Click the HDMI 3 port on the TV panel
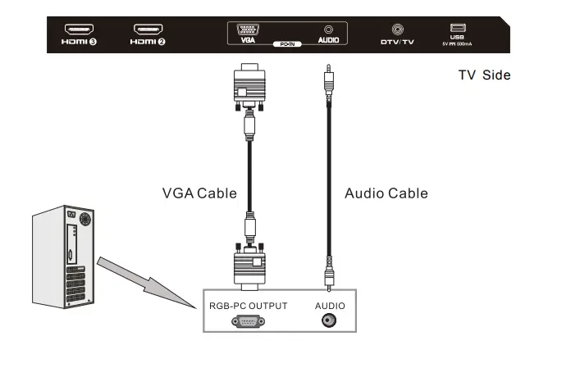(x=79, y=29)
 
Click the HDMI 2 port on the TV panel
(x=148, y=29)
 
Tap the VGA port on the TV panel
(x=248, y=29)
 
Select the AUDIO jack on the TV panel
(x=328, y=29)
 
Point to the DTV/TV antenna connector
(x=397, y=29)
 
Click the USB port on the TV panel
(x=458, y=28)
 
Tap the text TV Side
(x=484, y=75)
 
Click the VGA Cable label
(x=199, y=193)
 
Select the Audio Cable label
(x=386, y=193)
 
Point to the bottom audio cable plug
(x=328, y=270)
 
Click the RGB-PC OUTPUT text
(x=249, y=306)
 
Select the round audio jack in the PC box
(x=328, y=320)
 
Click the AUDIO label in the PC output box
(x=328, y=306)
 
